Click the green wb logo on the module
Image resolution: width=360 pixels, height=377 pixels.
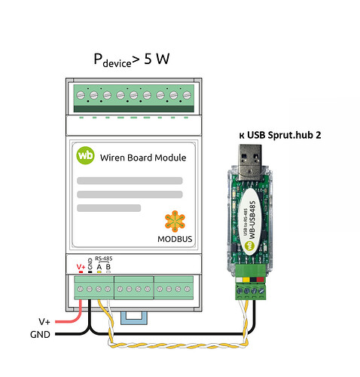[x=85, y=155]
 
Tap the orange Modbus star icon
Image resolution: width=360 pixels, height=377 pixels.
[x=175, y=221]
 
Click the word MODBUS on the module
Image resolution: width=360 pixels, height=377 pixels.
[x=175, y=239]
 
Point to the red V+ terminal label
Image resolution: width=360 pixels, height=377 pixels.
[x=81, y=267]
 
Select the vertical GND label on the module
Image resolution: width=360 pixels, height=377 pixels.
[x=90, y=264]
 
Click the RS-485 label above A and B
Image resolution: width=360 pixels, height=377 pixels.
[x=104, y=259]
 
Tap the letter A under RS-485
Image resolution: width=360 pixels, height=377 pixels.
[x=99, y=267]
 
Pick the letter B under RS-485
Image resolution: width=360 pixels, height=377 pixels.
[x=108, y=267]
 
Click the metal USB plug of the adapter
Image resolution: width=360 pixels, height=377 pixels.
[x=250, y=162]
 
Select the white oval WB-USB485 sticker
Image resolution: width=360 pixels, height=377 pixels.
[x=250, y=222]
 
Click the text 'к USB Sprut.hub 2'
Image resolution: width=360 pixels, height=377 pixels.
[x=280, y=135]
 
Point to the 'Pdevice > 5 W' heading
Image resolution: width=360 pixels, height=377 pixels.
[x=132, y=60]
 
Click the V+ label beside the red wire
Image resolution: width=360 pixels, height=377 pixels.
[x=44, y=321]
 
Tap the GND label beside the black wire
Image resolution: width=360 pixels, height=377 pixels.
[x=40, y=335]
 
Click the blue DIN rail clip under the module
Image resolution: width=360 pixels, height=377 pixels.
[x=134, y=318]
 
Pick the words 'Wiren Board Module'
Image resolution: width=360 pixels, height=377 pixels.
[x=143, y=158]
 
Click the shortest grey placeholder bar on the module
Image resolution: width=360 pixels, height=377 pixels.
[x=108, y=208]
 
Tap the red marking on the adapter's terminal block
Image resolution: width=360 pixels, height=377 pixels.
[x=260, y=280]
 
